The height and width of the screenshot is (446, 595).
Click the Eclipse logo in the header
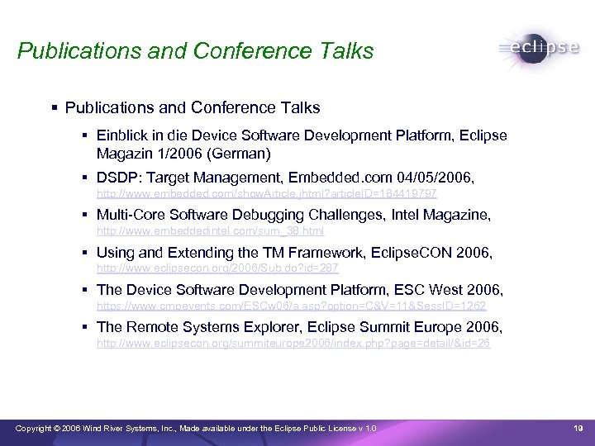(x=540, y=48)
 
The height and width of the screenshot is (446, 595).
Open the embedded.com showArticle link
(x=267, y=193)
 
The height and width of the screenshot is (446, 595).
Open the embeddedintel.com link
(x=211, y=231)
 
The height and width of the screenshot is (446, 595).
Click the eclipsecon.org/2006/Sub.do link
(x=217, y=268)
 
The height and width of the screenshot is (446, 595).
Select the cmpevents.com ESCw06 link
(x=285, y=306)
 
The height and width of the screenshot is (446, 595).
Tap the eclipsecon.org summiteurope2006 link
(x=293, y=343)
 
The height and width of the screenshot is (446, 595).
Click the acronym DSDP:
(x=117, y=178)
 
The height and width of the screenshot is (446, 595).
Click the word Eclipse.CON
(x=412, y=253)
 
